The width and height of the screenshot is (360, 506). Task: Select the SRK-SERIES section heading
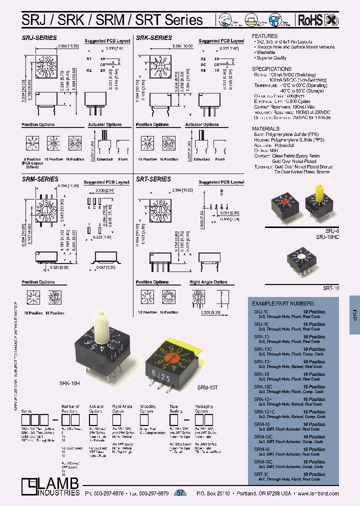(x=153, y=37)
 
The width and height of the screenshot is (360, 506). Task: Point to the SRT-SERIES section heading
(x=153, y=179)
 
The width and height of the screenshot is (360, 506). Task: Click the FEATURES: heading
(x=265, y=36)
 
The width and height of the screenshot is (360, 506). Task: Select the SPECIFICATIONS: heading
(x=272, y=68)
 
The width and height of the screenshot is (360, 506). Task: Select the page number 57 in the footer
(x=180, y=493)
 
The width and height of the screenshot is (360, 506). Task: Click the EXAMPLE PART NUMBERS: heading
(x=283, y=303)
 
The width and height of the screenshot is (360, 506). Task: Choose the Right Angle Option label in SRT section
(x=208, y=282)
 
